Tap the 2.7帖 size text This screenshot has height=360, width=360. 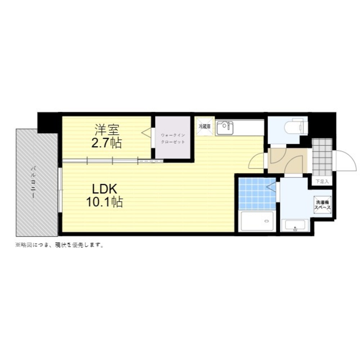[x=107, y=143]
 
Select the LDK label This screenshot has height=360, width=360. [x=105, y=189]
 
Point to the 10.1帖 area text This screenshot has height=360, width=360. [x=104, y=202]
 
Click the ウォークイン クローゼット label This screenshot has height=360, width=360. [x=173, y=139]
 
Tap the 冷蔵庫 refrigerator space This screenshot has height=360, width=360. [x=205, y=126]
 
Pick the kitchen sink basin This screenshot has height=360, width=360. [x=225, y=128]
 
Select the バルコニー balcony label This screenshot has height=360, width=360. [x=33, y=183]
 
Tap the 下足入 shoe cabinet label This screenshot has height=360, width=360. [x=322, y=181]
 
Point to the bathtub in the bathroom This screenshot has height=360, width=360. [x=257, y=221]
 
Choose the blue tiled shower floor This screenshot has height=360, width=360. [x=257, y=193]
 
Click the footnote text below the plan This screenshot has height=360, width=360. [x=60, y=245]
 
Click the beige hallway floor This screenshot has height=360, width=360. [x=287, y=161]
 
